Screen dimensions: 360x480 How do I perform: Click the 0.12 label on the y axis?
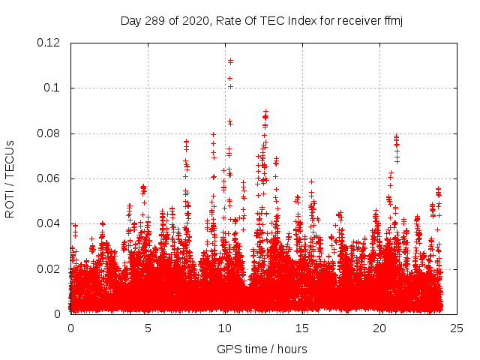click(x=49, y=43)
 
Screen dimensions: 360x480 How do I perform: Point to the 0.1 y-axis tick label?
click(x=52, y=88)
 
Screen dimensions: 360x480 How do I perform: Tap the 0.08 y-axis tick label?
click(x=49, y=133)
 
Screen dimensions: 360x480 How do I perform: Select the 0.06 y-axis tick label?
click(x=49, y=178)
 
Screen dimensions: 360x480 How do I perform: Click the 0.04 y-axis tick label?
click(x=49, y=223)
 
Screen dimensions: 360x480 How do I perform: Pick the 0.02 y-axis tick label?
click(x=49, y=268)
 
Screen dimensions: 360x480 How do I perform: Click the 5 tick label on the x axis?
click(x=148, y=328)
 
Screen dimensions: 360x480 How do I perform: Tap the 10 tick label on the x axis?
click(x=225, y=328)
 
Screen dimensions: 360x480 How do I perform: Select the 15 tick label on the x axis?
click(x=302, y=328)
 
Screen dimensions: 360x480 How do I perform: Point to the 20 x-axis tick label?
click(x=379, y=328)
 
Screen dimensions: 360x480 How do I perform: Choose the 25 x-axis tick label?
click(x=457, y=328)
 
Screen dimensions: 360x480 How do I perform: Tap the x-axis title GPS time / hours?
click(x=262, y=349)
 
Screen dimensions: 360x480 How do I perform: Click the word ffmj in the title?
click(x=392, y=20)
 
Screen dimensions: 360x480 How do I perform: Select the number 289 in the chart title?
click(x=158, y=20)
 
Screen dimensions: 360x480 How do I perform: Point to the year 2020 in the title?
click(x=193, y=20)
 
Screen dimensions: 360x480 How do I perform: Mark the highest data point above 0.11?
click(x=230, y=61)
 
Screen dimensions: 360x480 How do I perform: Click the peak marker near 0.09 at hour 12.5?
click(x=265, y=111)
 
